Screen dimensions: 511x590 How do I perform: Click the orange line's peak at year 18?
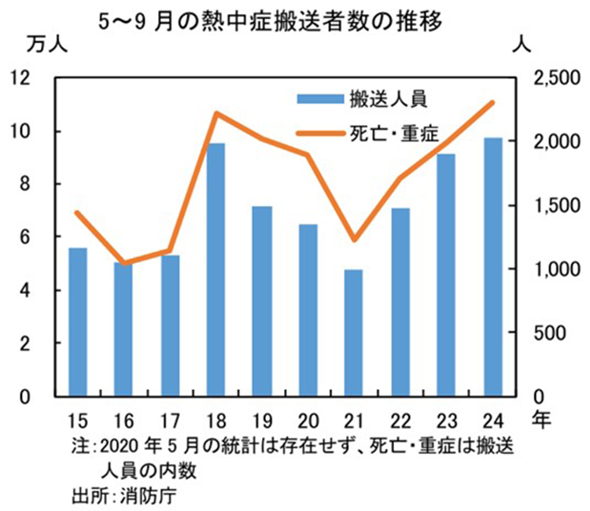click(x=216, y=113)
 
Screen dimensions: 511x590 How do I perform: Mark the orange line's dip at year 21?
click(x=354, y=240)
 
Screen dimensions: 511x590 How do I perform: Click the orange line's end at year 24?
click(x=493, y=102)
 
